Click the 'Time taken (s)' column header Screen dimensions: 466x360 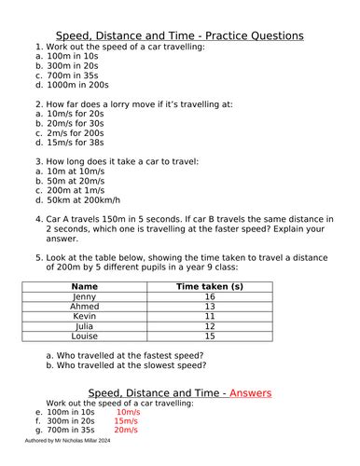click(x=210, y=287)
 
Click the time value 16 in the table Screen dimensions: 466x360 click(x=210, y=297)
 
